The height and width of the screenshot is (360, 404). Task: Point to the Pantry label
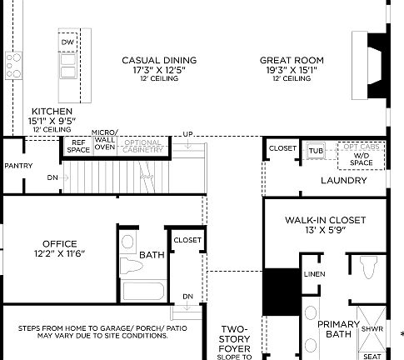[17, 165]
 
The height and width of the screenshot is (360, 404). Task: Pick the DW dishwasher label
[67, 42]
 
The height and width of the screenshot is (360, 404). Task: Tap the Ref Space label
[77, 146]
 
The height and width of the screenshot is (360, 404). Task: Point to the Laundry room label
[343, 180]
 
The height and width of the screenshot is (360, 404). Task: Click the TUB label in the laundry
[316, 151]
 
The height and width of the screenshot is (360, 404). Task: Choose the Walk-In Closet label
[325, 225]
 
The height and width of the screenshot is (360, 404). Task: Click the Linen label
[313, 274]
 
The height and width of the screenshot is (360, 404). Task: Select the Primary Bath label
[338, 329]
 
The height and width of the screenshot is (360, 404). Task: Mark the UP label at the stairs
[187, 134]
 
